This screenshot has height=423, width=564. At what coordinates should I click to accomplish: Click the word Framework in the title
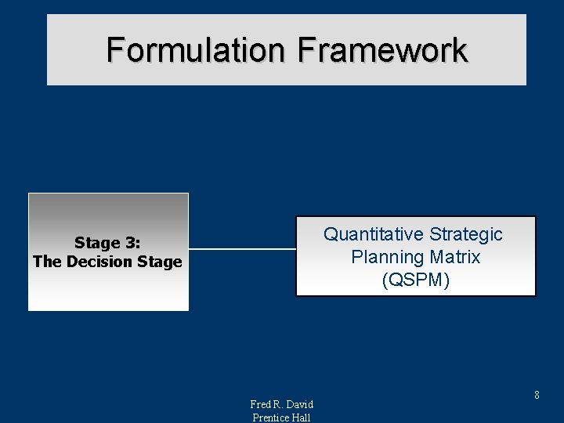(x=382, y=50)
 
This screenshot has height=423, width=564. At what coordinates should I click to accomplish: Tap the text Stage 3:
(x=107, y=243)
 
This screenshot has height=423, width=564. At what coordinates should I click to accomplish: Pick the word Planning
(x=386, y=257)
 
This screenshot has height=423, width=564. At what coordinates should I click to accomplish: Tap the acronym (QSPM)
(x=415, y=280)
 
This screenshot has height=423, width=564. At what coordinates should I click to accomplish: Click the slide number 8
(x=537, y=396)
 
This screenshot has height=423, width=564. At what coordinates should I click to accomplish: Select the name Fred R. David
(x=281, y=404)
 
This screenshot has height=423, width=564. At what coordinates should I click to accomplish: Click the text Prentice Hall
(x=281, y=418)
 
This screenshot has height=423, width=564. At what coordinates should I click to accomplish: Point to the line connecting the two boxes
(x=242, y=250)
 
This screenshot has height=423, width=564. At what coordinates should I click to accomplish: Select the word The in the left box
(x=46, y=262)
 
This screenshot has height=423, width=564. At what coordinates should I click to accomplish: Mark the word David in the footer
(x=299, y=404)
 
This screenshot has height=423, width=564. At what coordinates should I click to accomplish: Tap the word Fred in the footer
(x=261, y=404)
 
